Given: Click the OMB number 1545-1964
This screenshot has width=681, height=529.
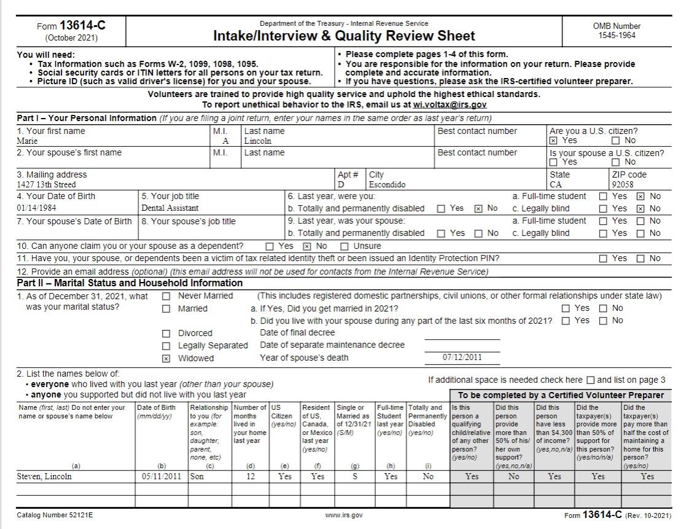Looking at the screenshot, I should coord(617,36).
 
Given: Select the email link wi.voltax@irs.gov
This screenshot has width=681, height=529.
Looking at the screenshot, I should coord(450,105).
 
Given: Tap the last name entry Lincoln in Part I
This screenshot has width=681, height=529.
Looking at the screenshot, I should coord(257,141).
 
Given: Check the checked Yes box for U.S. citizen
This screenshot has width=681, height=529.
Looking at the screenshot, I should coord(553,141).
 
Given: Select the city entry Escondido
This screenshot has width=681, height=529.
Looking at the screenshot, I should coord(387,184).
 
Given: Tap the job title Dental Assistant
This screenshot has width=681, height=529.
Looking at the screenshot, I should coord(170,208).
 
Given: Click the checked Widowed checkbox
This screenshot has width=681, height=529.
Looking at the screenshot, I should coord(166,359).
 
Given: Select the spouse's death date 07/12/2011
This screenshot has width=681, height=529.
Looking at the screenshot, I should coord(462,358).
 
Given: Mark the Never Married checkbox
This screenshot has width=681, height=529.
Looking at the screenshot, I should coord(166,296).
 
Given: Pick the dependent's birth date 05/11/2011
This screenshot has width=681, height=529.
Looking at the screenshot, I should coord(161,476).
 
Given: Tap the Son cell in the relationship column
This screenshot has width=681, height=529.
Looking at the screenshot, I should coord(197,476).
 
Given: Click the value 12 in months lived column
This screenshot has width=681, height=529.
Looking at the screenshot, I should coord(251,476).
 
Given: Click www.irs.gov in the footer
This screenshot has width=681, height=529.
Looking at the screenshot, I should coord(344,515).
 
